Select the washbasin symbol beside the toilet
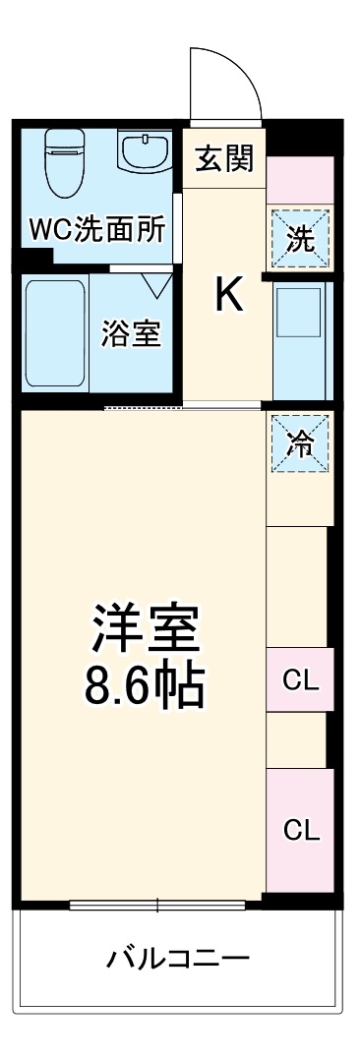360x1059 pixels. point(143,153)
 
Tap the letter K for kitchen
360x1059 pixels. point(228,295)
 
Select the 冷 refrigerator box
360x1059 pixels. point(299,443)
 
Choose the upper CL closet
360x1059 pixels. point(299,678)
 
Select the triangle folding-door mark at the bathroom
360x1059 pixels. point(155,285)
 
